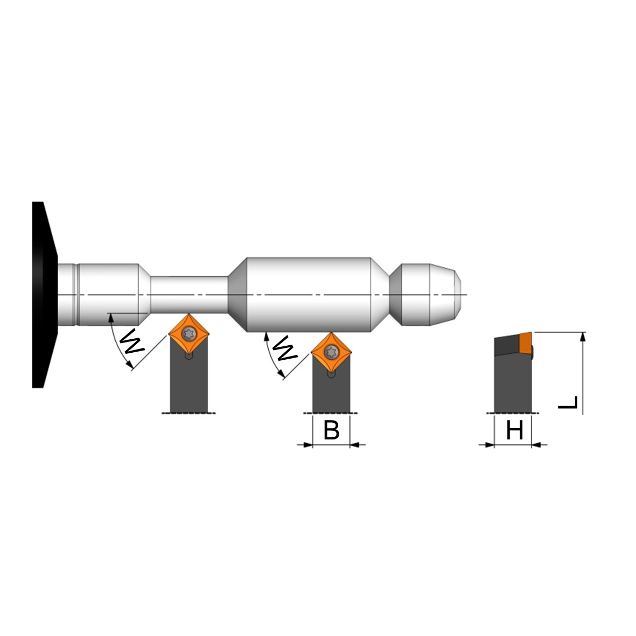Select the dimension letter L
(x=568, y=402)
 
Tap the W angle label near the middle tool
(x=285, y=348)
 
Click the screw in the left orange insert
(x=189, y=334)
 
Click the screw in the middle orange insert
(x=332, y=352)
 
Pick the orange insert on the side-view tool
(x=526, y=343)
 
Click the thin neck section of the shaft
(x=189, y=295)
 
